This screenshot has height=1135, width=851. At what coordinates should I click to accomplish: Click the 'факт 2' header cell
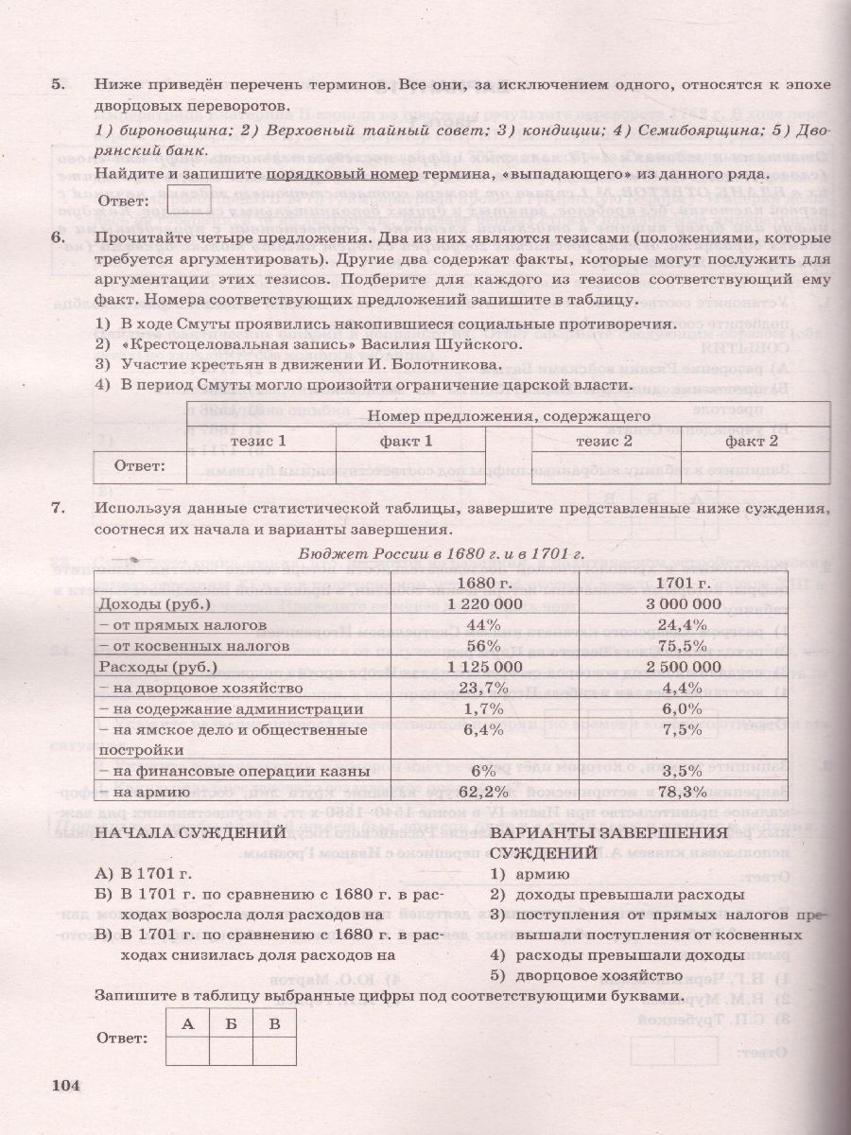(x=752, y=440)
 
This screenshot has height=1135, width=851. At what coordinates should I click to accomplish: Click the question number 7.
(x=58, y=508)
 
